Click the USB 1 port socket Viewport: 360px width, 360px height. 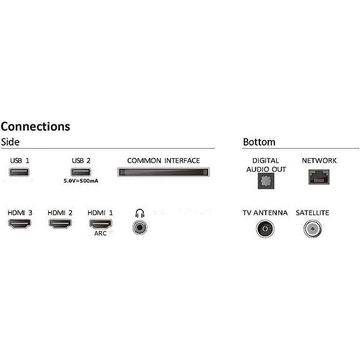click(19, 172)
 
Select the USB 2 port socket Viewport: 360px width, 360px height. click(81, 172)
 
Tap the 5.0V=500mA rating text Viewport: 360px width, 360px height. click(81, 181)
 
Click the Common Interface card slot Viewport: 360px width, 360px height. click(164, 172)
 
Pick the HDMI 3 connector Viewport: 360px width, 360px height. click(19, 224)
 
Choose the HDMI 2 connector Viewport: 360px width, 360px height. click(60, 224)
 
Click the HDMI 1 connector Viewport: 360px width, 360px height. click(101, 224)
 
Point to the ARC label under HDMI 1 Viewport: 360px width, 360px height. click(101, 234)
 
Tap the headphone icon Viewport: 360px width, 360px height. click(140, 213)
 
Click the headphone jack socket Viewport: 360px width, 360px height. click(140, 227)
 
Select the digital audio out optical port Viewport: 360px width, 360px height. click(266, 181)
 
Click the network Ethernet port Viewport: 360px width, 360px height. click(319, 177)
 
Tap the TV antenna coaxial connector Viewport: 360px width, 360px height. click(265, 229)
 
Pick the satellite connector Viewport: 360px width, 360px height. click(312, 229)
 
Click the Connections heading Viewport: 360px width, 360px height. click(36, 126)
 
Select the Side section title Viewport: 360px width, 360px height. click(10, 142)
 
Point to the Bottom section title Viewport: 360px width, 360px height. click(259, 142)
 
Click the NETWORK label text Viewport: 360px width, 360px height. click(319, 161)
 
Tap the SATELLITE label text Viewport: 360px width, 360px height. click(312, 213)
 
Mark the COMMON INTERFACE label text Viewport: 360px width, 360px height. click(164, 161)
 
